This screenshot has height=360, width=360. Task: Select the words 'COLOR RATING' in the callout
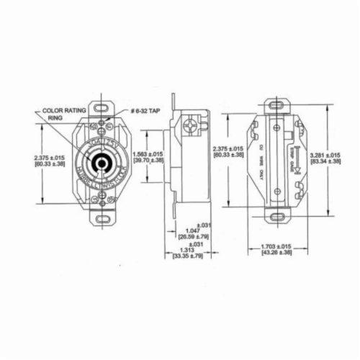click(x=63, y=112)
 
